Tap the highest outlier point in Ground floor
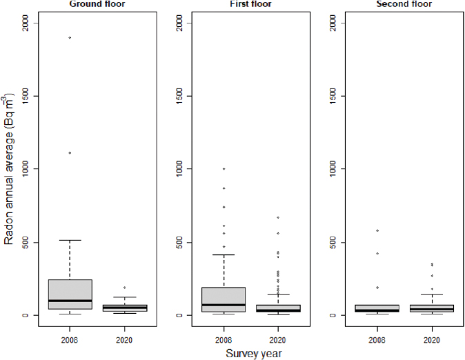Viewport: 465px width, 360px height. pos(70,38)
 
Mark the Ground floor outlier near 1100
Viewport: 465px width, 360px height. pos(70,152)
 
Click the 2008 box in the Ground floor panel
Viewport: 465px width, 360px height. pos(70,294)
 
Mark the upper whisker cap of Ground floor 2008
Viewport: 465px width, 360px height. pos(70,240)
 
